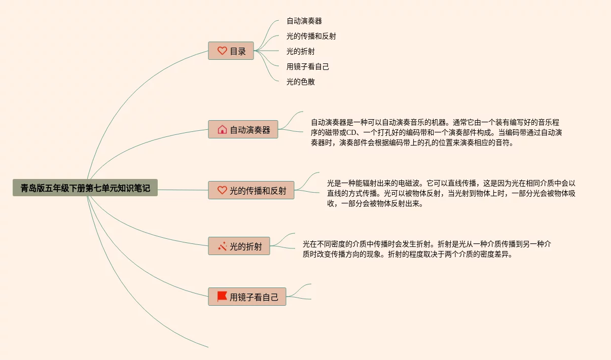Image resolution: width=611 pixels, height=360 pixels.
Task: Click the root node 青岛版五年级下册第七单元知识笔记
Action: pos(85,188)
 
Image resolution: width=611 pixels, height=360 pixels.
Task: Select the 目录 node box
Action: pos(231,51)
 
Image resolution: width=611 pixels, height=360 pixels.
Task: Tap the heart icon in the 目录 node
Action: pos(222,51)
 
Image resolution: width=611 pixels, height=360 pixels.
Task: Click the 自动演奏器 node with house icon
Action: pos(243,129)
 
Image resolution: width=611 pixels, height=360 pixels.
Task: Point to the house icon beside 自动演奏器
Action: pos(222,129)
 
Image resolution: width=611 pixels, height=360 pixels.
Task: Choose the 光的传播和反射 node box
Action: pos(251,190)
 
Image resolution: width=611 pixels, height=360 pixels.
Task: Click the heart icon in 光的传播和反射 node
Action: pos(222,190)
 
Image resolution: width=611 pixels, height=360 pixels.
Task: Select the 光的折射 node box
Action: pos(239,246)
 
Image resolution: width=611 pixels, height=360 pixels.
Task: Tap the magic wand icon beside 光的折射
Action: pos(222,246)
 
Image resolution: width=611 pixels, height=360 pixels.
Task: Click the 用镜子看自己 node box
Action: pos(247,297)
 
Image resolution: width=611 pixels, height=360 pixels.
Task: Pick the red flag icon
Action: pos(222,296)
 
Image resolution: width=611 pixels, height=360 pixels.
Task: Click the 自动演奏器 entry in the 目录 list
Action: pos(304,21)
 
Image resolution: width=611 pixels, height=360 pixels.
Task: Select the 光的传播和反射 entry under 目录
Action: pos(311,37)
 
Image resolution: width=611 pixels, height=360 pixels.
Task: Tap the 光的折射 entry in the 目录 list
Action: pos(301,52)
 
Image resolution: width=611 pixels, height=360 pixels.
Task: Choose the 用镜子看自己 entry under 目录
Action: pos(308,67)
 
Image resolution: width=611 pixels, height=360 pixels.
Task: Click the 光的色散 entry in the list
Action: pos(301,82)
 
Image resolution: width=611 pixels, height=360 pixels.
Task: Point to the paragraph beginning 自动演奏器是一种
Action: pos(436,132)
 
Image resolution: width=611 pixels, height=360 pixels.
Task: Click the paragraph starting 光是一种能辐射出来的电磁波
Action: pos(451,193)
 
